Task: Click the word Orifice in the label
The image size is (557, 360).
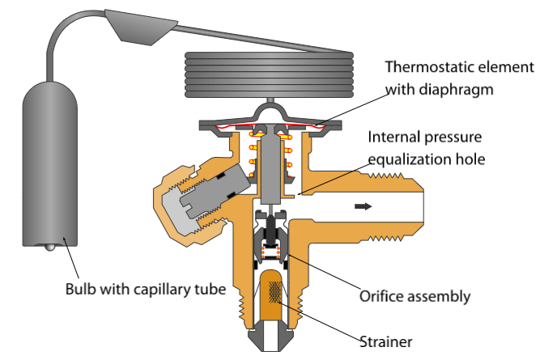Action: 379,295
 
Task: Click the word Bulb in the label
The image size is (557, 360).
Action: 83,289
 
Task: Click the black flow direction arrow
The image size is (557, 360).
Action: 364,206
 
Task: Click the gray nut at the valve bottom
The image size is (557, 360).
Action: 268,337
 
